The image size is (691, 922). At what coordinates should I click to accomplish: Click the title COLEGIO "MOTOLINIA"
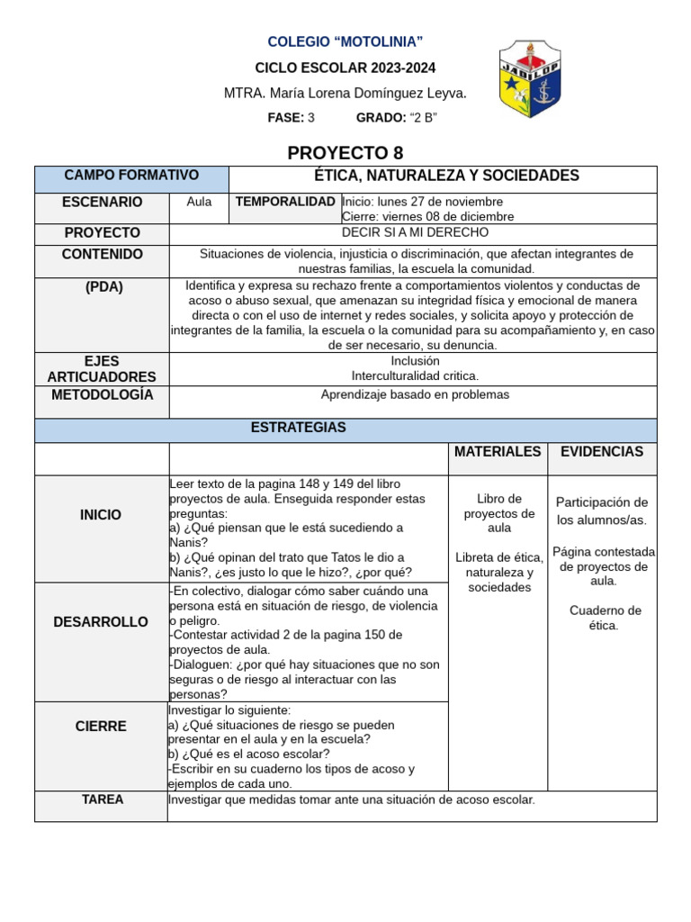pyautogui.click(x=345, y=42)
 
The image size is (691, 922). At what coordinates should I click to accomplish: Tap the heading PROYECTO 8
pyautogui.click(x=345, y=153)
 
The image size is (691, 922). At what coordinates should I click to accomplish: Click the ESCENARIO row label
pyautogui.click(x=102, y=203)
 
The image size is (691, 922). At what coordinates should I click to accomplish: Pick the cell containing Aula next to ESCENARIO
pyautogui.click(x=199, y=202)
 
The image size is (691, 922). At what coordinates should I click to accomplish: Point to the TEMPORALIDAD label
pyautogui.click(x=285, y=202)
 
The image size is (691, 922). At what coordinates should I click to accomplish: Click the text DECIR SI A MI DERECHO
pyautogui.click(x=415, y=232)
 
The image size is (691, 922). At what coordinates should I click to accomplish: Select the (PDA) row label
pyautogui.click(x=102, y=287)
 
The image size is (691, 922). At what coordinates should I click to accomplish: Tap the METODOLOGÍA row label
pyautogui.click(x=102, y=395)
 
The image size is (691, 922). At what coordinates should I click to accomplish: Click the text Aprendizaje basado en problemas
pyautogui.click(x=415, y=394)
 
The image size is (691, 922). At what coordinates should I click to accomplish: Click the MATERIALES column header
pyautogui.click(x=498, y=452)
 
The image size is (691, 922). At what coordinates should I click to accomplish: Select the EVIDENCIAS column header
pyautogui.click(x=601, y=452)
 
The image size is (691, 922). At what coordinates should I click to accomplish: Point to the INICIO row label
pyautogui.click(x=101, y=515)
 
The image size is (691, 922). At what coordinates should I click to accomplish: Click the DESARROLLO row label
pyautogui.click(x=101, y=622)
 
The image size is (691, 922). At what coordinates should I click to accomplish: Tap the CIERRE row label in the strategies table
pyautogui.click(x=101, y=727)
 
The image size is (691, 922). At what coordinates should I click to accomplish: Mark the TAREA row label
pyautogui.click(x=102, y=800)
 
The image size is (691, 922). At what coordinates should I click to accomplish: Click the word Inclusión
pyautogui.click(x=415, y=360)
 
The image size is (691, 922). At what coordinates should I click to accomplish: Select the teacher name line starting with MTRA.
pyautogui.click(x=345, y=94)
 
